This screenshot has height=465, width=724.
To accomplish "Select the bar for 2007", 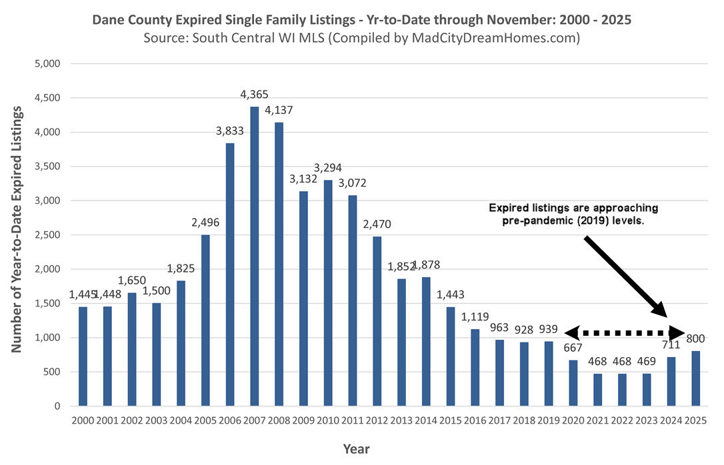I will pyautogui.click(x=255, y=256).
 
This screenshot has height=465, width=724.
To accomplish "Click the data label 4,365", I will pyautogui.click(x=255, y=95).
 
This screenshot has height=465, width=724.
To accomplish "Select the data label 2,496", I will pyautogui.click(x=205, y=223).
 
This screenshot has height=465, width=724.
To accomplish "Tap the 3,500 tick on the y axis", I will pyautogui.click(x=49, y=167).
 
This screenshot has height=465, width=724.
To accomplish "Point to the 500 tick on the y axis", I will pyautogui.click(x=52, y=372).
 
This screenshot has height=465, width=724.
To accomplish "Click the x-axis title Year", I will pyautogui.click(x=357, y=448).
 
